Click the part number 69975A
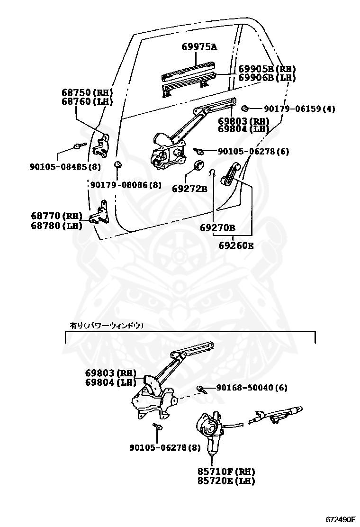[199, 46]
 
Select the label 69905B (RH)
[267, 69]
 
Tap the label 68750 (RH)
[87, 92]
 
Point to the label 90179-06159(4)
[299, 109]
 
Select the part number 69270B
[217, 228]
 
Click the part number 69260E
[236, 245]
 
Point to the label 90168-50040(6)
[252, 388]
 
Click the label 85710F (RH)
[226, 472]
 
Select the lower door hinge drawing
[101, 214]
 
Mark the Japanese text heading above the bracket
[107, 326]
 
